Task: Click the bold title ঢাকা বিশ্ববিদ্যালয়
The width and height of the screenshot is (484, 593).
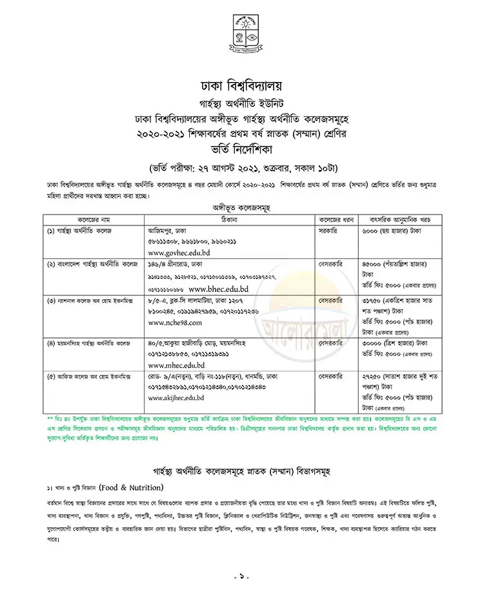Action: (241, 85)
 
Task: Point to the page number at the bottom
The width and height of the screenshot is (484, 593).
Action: (241, 574)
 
